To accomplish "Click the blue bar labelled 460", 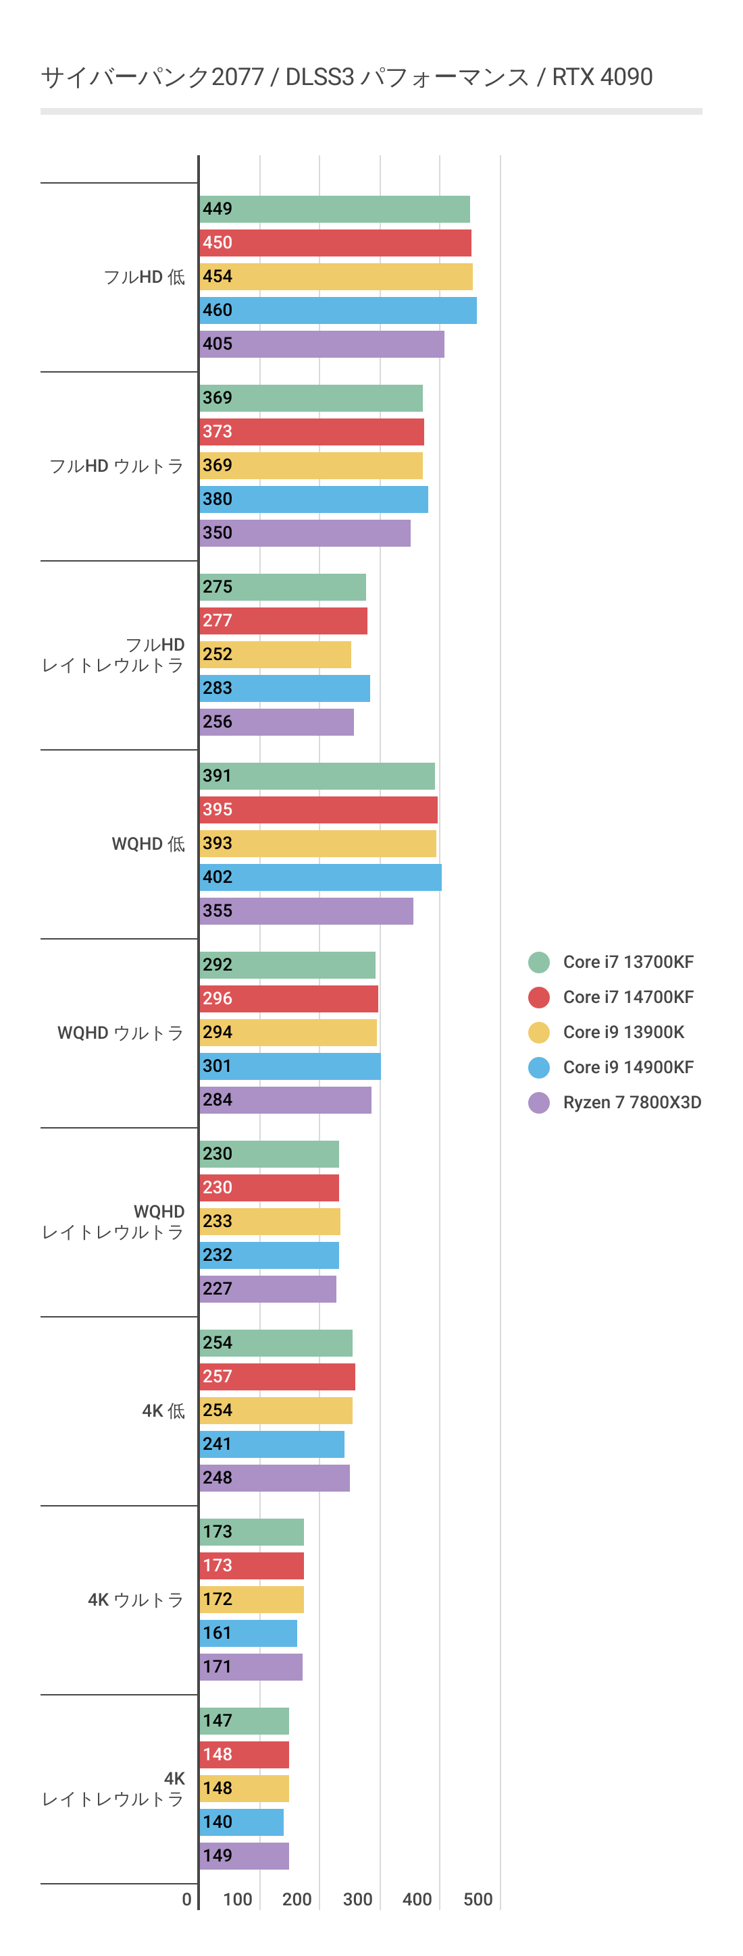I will [x=338, y=310].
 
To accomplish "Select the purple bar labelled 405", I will [x=322, y=344].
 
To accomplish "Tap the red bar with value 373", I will [x=311, y=431].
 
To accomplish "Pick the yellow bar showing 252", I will [x=275, y=655].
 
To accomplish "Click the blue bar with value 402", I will [x=320, y=877].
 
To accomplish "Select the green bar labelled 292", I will [x=287, y=965].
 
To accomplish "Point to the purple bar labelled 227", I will [x=267, y=1288].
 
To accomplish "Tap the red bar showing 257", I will [x=278, y=1377].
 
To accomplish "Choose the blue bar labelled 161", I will [x=249, y=1633].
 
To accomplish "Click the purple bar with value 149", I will [x=244, y=1856].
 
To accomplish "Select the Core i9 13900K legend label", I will [x=623, y=1032].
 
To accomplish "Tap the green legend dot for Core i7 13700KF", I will [x=538, y=962].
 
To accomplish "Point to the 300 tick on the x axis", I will [x=358, y=1899].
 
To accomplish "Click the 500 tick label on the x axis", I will [x=478, y=1899].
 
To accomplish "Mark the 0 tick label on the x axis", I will [x=187, y=1899].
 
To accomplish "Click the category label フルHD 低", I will [x=145, y=277].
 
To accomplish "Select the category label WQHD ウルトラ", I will [x=120, y=1033].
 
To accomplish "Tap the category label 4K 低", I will [x=163, y=1411].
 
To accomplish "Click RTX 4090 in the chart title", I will [x=602, y=77].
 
